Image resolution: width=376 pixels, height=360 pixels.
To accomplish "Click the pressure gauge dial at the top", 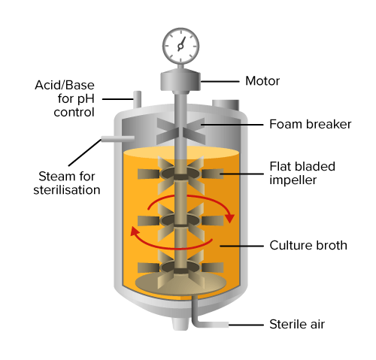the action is [180, 46].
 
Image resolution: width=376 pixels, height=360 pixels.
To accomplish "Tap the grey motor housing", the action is [180, 80].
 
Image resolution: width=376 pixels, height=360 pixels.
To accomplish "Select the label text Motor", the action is [262, 81].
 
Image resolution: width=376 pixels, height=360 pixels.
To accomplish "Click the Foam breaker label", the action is [311, 124].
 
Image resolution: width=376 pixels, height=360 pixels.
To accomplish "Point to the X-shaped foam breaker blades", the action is [180, 131].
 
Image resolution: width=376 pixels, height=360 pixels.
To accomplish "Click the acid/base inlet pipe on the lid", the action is [137, 99].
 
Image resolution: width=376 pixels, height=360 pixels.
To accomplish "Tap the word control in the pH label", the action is [74, 112].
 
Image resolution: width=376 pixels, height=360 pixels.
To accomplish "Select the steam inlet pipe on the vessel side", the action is [117, 138].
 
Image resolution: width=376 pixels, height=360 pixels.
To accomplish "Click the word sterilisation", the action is [67, 190].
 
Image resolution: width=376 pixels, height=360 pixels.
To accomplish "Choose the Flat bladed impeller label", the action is [302, 173].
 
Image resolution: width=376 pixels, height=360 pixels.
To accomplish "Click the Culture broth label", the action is [308, 245].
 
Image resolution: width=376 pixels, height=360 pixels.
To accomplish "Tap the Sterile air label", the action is [297, 324].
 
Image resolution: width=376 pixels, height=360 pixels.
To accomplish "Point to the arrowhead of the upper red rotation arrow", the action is [229, 218].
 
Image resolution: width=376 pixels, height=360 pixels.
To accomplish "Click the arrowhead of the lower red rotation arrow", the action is [135, 231].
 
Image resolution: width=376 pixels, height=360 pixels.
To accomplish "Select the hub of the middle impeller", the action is [180, 220].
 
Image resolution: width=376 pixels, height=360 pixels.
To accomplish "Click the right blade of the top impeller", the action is [213, 174].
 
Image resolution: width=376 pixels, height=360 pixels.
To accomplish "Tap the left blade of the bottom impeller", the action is [148, 268].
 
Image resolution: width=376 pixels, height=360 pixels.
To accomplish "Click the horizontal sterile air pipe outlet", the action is [213, 325].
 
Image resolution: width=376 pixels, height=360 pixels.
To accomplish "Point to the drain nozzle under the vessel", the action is [180, 324].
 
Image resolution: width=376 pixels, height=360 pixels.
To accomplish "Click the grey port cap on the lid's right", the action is [226, 105].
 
